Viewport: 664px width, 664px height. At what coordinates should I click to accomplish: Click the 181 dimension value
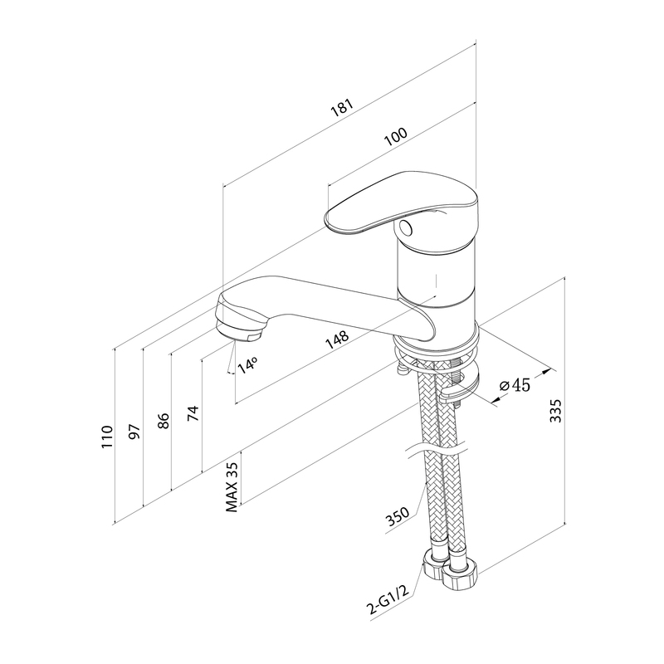pos(342,108)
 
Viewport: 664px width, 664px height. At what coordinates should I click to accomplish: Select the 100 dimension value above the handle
pos(396,136)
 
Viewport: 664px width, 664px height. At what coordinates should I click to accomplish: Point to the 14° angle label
pos(247,365)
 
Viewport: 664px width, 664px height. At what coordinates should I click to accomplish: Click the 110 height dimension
pos(107,437)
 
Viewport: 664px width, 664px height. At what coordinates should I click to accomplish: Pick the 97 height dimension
pos(134,431)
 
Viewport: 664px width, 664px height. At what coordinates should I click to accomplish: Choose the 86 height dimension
pos(164,421)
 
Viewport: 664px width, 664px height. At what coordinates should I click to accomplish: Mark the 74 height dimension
pos(193,413)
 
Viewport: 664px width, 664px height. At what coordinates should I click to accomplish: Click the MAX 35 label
pos(232,487)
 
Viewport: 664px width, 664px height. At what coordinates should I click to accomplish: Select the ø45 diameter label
pos(515,385)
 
